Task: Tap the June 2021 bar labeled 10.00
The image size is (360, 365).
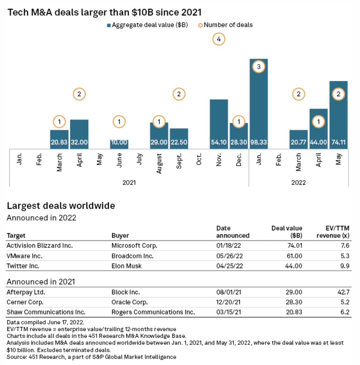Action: click(x=119, y=144)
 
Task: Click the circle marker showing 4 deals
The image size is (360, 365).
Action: click(x=219, y=40)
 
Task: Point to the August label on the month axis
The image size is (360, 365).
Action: click(x=159, y=163)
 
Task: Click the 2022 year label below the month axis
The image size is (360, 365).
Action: click(x=298, y=182)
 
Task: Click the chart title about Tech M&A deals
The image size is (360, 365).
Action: click(x=105, y=13)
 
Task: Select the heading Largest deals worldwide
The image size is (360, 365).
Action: click(x=61, y=206)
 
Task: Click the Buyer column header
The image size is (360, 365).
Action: click(x=120, y=236)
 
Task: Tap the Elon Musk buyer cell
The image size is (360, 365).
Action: click(x=127, y=266)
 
